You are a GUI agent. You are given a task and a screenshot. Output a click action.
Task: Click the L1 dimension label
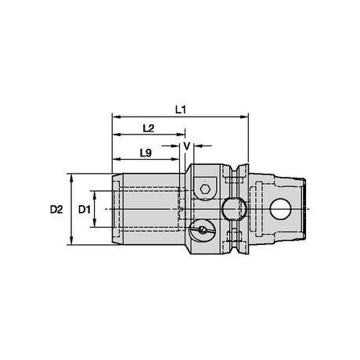click(x=180, y=110)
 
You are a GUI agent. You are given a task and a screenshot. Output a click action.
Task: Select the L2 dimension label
click(x=149, y=128)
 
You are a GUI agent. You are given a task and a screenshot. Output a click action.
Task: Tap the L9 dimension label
click(x=146, y=153)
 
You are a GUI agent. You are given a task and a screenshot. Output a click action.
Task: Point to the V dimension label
click(x=186, y=146)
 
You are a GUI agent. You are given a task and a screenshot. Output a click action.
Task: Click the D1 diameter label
click(x=85, y=209)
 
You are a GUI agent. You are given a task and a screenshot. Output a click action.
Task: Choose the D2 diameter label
click(x=56, y=209)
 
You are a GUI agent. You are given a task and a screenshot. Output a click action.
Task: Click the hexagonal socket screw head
click(x=205, y=189)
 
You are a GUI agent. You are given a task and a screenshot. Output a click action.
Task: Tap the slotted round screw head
click(x=203, y=230)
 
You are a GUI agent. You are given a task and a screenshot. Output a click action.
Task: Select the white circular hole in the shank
click(x=281, y=209)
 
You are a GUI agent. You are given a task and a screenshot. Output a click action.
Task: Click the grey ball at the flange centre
click(x=234, y=209)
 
